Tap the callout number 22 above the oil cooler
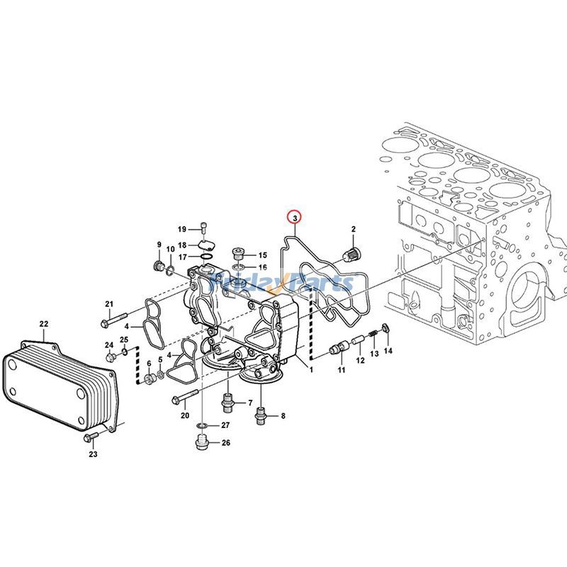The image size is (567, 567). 43,325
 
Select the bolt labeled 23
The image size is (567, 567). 90,437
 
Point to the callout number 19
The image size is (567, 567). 182,229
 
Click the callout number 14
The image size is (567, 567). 388,351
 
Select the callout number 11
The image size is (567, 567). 340,370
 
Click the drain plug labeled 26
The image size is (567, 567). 202,444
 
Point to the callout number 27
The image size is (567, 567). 225,425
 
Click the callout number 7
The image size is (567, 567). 249,403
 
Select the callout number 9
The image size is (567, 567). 159,245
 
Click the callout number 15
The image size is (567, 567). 262,255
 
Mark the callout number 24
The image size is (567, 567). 109,345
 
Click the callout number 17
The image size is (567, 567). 182,257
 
